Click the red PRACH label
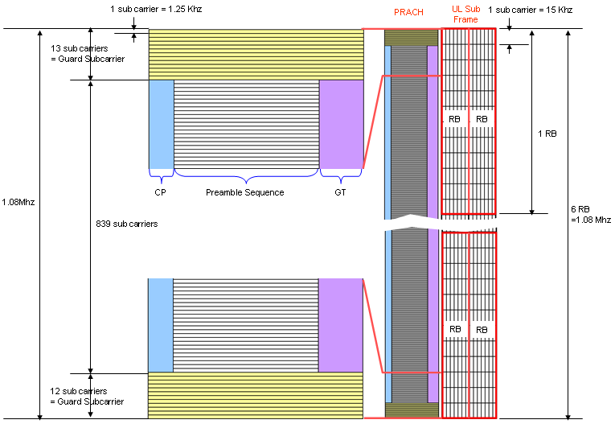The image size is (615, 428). click(x=408, y=12)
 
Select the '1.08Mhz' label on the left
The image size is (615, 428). click(x=18, y=201)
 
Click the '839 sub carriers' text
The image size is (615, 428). click(x=126, y=224)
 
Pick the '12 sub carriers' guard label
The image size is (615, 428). click(x=86, y=396)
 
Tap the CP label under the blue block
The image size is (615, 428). click(x=160, y=192)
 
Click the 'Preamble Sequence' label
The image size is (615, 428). click(x=244, y=192)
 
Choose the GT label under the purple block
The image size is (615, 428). click(x=341, y=192)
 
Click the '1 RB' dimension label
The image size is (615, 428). click(x=547, y=134)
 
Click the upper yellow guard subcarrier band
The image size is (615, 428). click(x=256, y=54)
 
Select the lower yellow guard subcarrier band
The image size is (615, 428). click(x=256, y=395)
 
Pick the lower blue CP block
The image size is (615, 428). click(x=161, y=325)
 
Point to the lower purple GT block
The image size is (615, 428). click(x=341, y=325)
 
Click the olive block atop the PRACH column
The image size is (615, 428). click(x=411, y=38)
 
